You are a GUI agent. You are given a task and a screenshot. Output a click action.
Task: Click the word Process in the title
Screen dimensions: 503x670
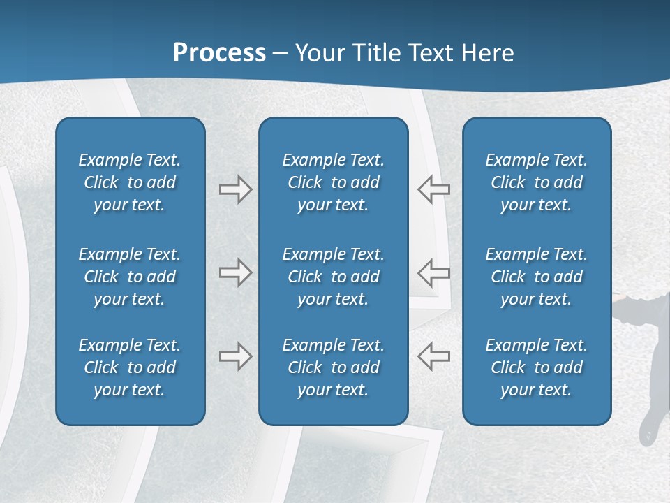219,53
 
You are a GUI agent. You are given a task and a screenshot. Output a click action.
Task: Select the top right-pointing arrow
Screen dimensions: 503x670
235,189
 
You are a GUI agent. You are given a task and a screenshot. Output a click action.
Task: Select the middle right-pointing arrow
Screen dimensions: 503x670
235,272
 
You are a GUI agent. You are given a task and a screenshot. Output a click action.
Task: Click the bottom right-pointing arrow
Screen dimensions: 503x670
235,356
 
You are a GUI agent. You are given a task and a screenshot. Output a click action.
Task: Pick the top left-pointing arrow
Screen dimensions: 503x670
433,189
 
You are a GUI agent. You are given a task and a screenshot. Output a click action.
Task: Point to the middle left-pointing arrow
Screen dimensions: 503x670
433,272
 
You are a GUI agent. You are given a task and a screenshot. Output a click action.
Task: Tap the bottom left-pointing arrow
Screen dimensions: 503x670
433,356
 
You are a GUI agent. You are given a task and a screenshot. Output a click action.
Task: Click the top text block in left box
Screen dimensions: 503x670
130,182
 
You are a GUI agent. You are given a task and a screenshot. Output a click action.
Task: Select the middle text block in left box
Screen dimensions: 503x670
130,277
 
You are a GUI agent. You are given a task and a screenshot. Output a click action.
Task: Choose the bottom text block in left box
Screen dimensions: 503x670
130,367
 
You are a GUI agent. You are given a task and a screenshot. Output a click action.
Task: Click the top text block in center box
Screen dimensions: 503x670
333,182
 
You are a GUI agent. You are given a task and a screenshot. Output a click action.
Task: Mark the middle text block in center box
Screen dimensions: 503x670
333,277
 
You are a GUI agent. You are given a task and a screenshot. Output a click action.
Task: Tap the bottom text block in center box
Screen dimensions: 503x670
333,367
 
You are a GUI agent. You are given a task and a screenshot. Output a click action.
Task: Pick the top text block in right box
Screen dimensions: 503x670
536,182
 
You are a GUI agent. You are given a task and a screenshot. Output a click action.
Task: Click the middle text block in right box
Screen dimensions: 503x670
536,277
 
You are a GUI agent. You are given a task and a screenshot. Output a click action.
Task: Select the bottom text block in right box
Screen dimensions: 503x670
536,367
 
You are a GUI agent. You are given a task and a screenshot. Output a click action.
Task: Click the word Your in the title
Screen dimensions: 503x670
319,53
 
